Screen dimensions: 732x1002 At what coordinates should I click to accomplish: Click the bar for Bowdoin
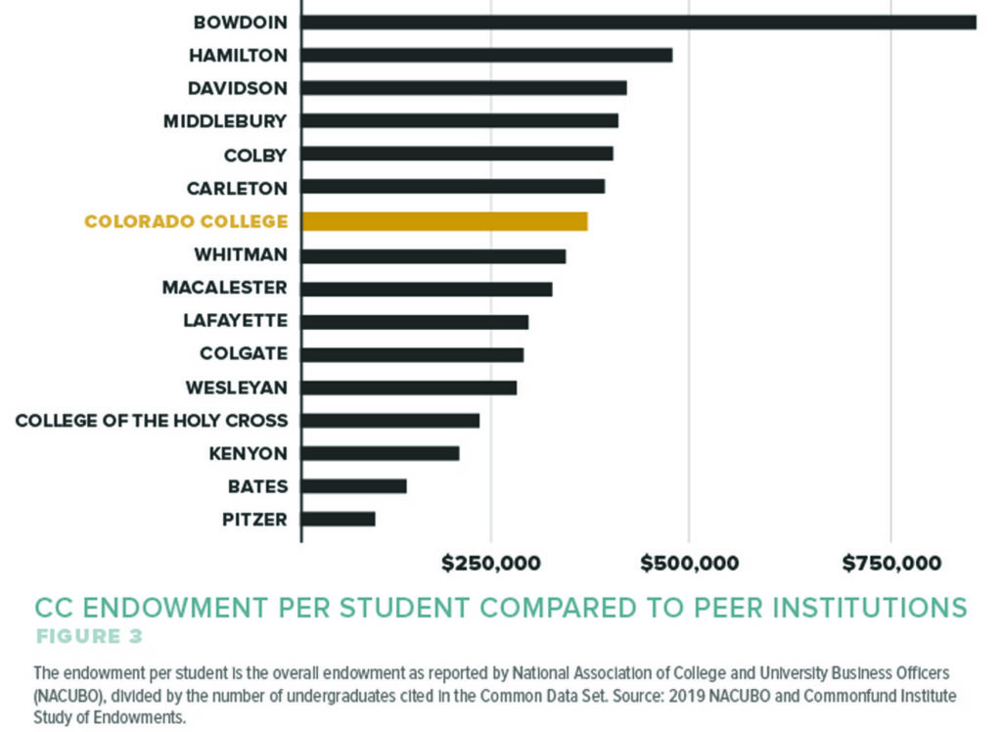point(638,22)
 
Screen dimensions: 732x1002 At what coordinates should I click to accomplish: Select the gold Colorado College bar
point(444,221)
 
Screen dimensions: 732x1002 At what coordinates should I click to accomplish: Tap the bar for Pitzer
point(339,519)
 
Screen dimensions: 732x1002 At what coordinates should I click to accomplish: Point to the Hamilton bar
point(486,55)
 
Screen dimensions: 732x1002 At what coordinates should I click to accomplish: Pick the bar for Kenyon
point(380,453)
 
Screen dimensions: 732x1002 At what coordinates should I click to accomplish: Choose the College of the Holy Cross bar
point(390,420)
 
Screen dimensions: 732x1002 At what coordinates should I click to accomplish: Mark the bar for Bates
point(353,486)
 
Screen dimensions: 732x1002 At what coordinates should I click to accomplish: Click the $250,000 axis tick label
point(490,564)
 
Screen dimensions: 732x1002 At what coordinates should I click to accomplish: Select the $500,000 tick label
point(690,564)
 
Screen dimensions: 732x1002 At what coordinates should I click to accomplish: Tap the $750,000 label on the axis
point(891,564)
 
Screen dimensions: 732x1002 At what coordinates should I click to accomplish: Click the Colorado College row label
point(186,221)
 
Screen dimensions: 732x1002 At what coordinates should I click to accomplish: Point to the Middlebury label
point(225,121)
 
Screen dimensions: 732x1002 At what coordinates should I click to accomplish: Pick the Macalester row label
point(225,288)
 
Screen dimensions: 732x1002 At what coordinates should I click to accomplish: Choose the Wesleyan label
point(236,388)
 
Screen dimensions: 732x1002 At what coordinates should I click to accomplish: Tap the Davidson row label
point(238,88)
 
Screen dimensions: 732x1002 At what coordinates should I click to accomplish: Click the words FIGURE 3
point(89,637)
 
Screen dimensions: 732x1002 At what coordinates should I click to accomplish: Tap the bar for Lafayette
point(415,321)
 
